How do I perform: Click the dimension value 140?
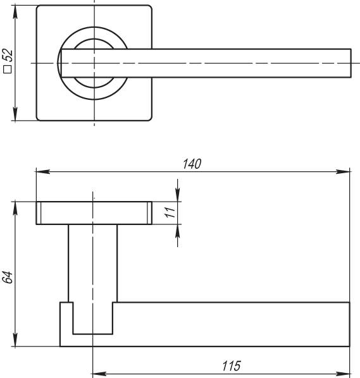[x=192, y=164]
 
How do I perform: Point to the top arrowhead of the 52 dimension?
[x=15, y=11]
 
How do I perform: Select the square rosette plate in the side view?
[x=94, y=213]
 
